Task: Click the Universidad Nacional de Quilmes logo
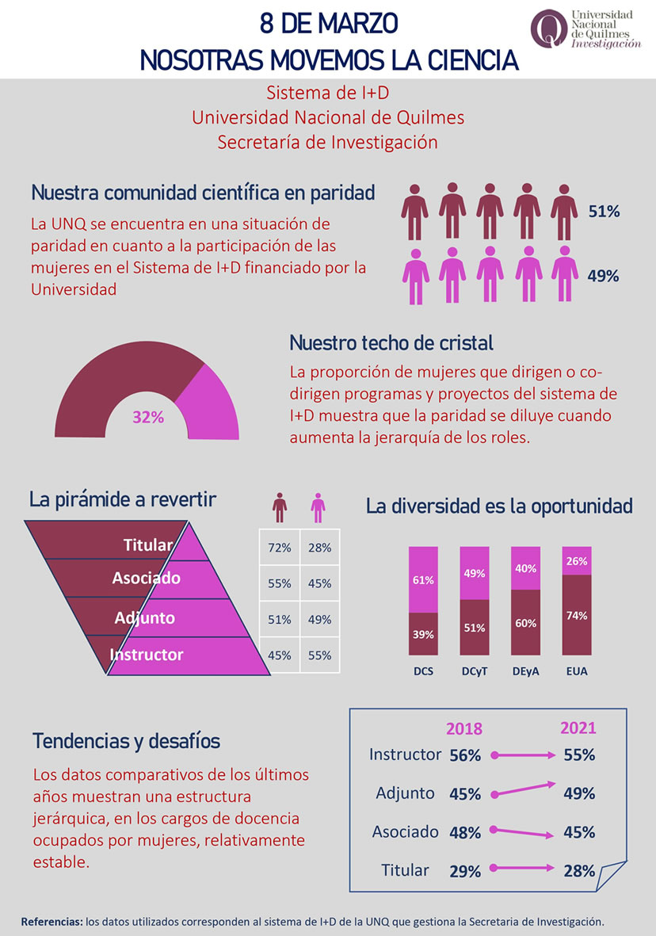point(585,30)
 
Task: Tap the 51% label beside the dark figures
point(603,212)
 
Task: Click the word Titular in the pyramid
point(148,545)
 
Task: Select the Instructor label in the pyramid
point(147,655)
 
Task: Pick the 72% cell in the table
point(279,548)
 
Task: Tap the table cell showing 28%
point(319,548)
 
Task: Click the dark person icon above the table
point(279,507)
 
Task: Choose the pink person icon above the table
point(318,507)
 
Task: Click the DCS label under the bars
point(423,672)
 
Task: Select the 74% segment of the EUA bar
point(576,615)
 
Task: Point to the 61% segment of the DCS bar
point(423,579)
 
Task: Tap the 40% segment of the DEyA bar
point(525,568)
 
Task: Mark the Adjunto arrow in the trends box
point(523,789)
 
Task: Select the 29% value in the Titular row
point(465,871)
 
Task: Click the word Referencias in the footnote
point(51,922)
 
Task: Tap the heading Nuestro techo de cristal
point(391,343)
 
